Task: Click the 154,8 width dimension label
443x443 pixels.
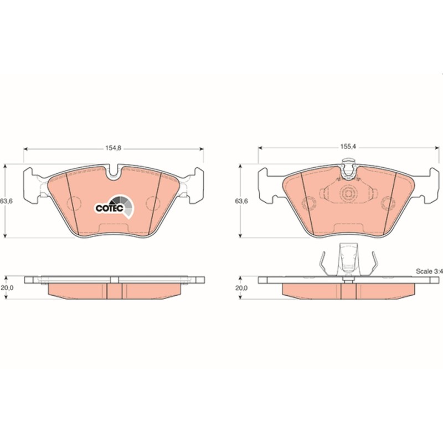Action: [x=114, y=148]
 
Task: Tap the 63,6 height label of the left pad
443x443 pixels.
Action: [x=6, y=201]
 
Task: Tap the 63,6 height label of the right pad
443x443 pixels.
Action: [x=241, y=201]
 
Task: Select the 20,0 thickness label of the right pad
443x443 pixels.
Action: [x=241, y=288]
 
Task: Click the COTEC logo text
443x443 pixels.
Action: [x=109, y=208]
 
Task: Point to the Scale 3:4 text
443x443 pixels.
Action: [x=429, y=271]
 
